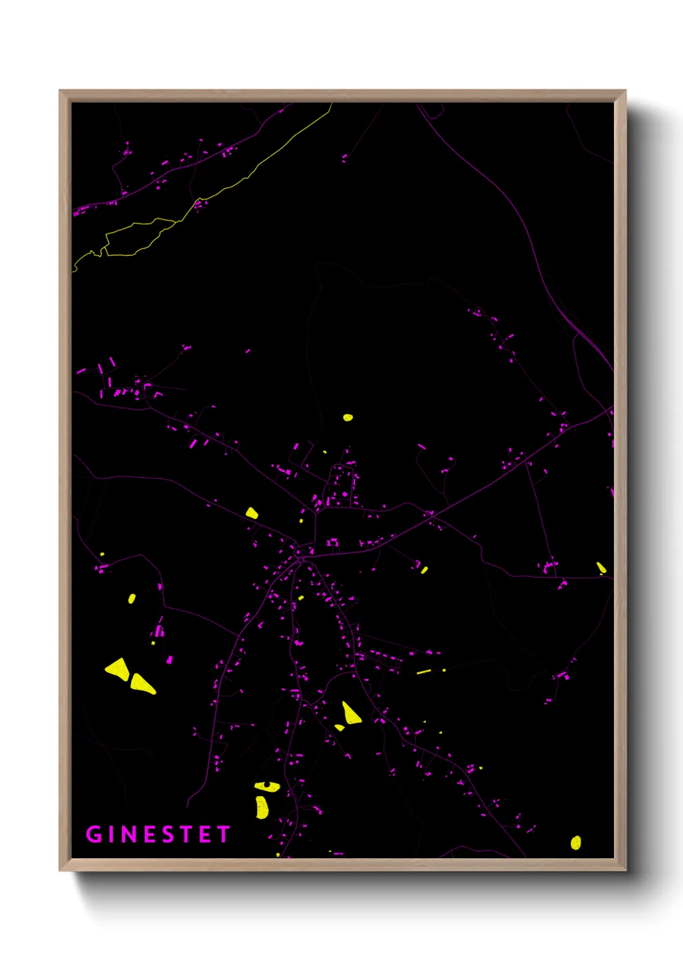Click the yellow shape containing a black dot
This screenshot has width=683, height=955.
click(267, 786)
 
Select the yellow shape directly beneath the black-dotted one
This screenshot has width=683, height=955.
click(261, 807)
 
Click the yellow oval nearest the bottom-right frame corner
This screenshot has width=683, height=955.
click(576, 842)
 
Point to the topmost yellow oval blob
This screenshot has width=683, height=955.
click(348, 417)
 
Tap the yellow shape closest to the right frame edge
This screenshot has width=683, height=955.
click(601, 567)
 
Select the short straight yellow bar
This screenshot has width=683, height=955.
click(423, 672)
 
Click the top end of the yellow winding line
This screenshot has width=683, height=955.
click(331, 105)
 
